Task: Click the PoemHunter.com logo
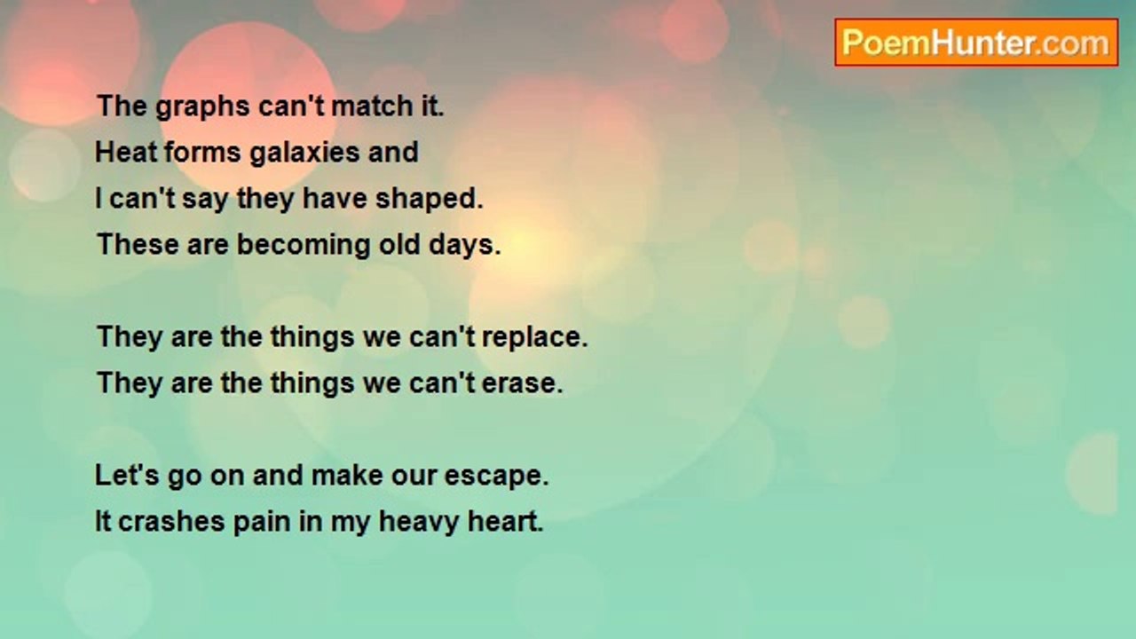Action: (x=976, y=43)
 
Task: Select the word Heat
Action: (x=126, y=152)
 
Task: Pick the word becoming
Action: (x=304, y=246)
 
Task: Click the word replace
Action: (x=535, y=338)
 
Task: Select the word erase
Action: (x=523, y=383)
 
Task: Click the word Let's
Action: (x=127, y=476)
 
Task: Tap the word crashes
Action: (x=171, y=521)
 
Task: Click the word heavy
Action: (x=418, y=523)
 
